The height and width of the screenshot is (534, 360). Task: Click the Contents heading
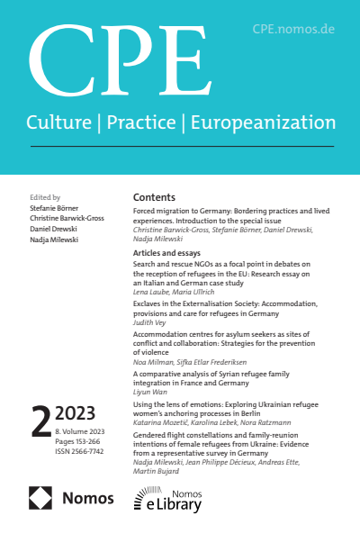[x=154, y=197]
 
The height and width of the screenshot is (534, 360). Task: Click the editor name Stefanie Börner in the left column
[x=53, y=206]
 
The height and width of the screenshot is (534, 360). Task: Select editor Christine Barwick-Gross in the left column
[x=65, y=217]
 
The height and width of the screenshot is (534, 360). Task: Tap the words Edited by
[x=44, y=196]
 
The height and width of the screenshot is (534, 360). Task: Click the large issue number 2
[x=39, y=421]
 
